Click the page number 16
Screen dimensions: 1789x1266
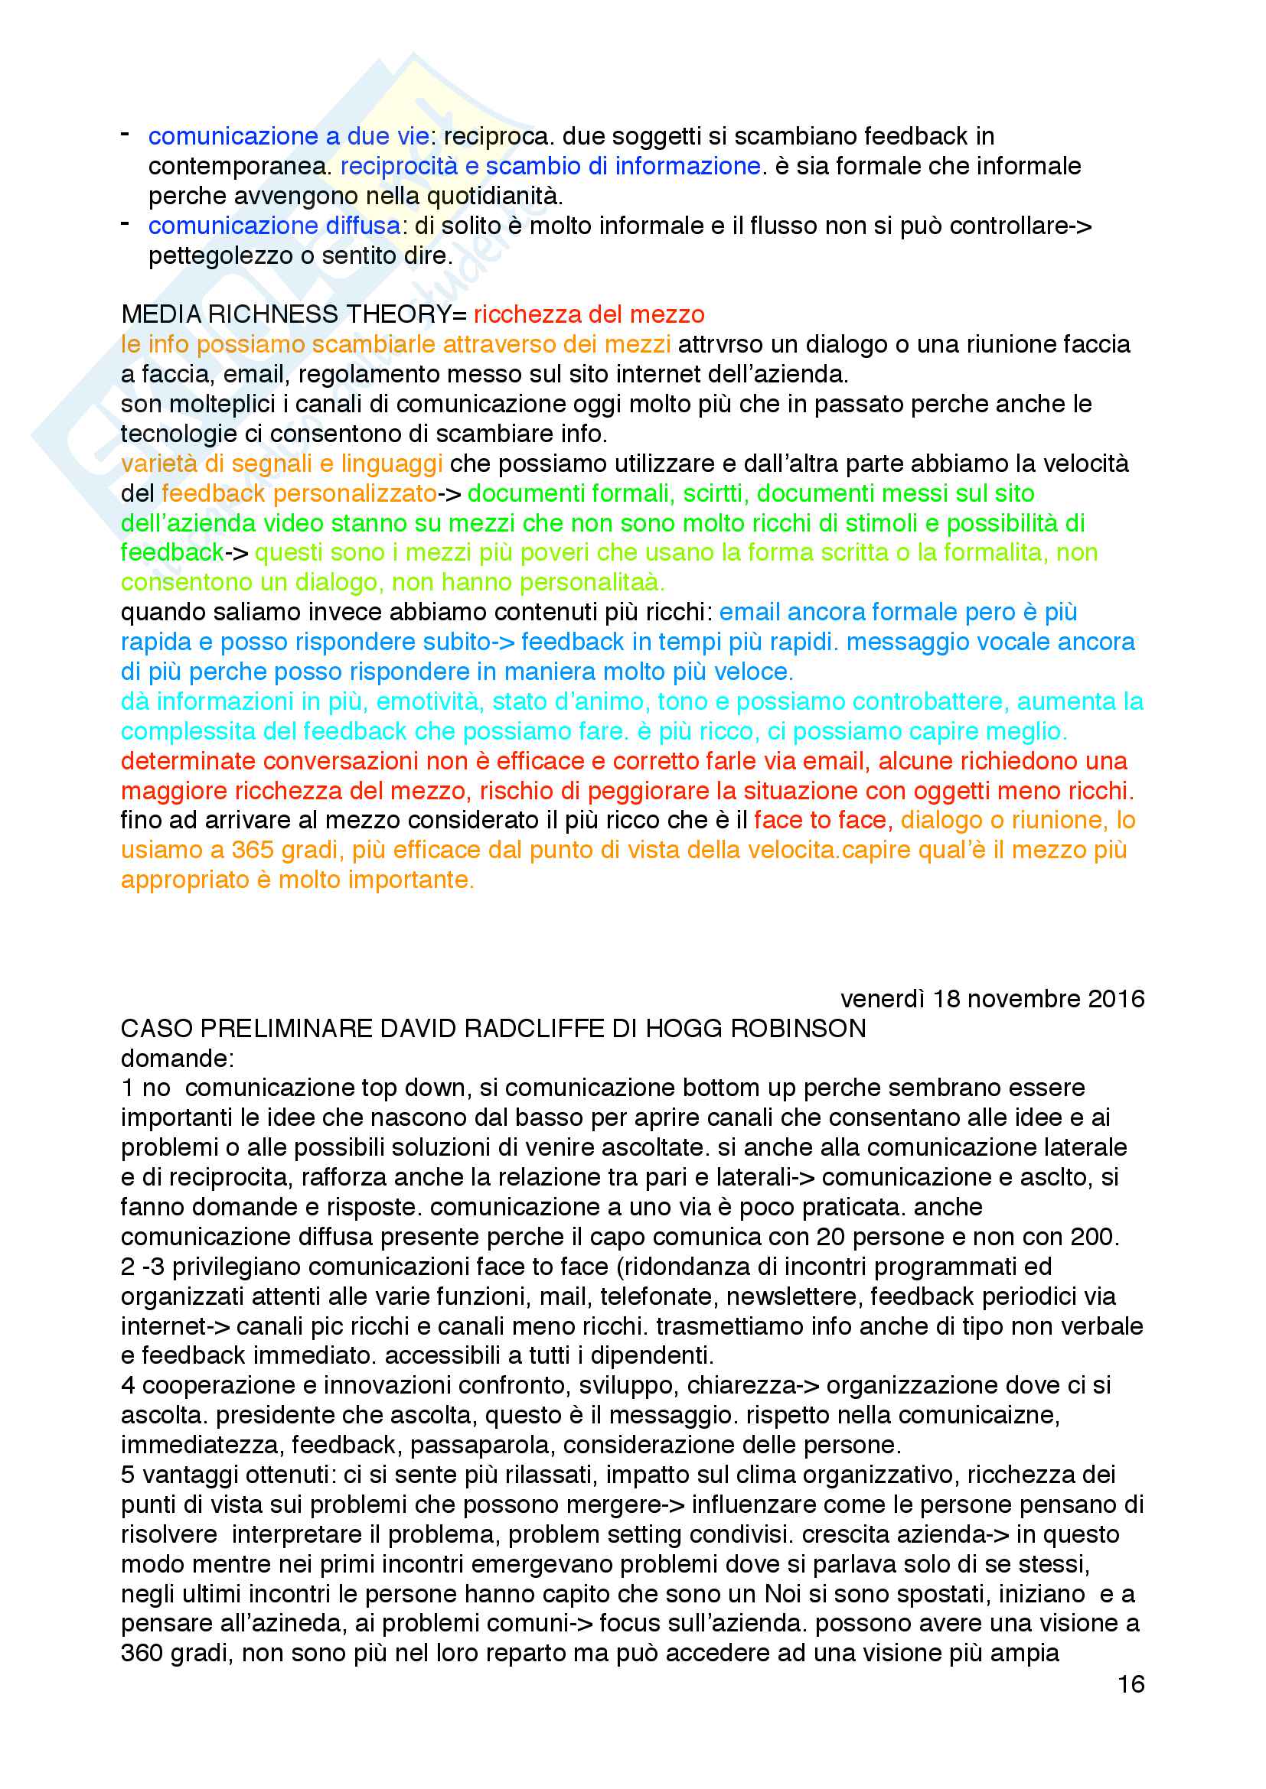[1131, 1683]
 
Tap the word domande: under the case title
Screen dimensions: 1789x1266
[177, 1058]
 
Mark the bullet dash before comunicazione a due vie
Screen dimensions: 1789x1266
[125, 135]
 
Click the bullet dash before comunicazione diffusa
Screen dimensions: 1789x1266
[125, 224]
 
